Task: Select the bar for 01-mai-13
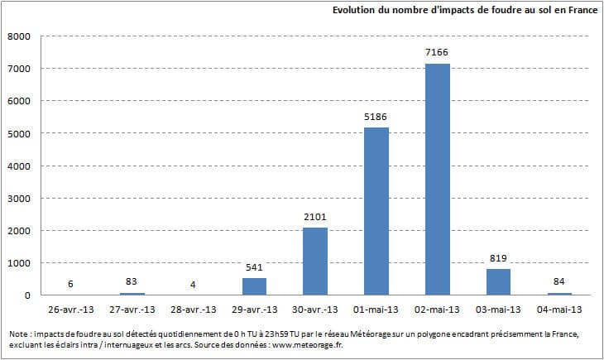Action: point(376,211)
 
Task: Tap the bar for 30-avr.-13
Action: point(315,261)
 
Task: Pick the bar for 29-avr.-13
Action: point(254,286)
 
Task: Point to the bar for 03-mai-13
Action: point(499,282)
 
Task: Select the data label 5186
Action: point(376,117)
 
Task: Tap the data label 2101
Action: point(315,217)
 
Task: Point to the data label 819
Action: point(499,258)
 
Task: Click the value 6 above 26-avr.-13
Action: point(70,284)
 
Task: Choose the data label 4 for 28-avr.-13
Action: point(193,284)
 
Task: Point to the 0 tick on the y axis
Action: point(28,295)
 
